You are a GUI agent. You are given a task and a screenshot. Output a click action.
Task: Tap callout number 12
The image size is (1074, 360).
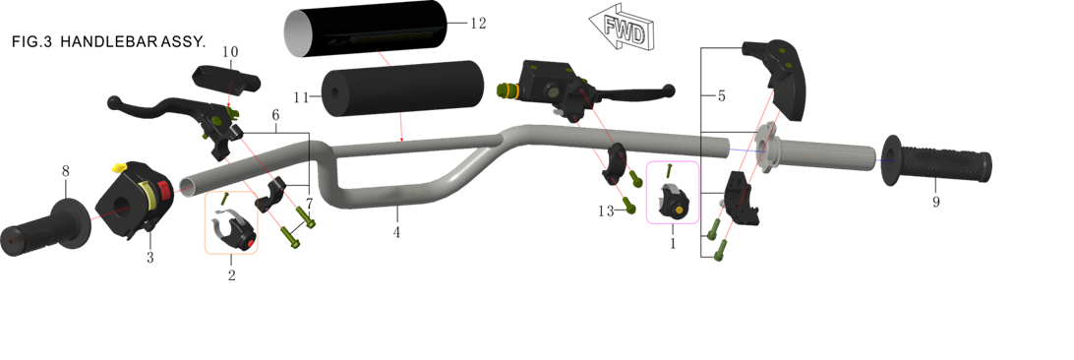(x=478, y=24)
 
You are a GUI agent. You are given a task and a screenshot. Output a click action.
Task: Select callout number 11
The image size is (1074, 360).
(x=302, y=98)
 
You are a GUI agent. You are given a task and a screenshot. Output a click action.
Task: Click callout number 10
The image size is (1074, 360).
(x=230, y=52)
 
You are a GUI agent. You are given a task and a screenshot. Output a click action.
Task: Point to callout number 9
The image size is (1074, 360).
(x=935, y=202)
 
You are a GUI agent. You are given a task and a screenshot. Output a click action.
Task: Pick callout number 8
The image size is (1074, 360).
(x=65, y=171)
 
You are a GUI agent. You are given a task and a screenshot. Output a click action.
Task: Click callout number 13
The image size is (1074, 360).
(x=606, y=212)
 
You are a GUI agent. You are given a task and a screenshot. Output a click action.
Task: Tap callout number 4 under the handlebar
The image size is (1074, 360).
(x=396, y=233)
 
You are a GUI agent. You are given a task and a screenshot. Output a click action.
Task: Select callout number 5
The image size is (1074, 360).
(x=721, y=96)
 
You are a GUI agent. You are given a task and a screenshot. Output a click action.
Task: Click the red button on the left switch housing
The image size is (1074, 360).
(x=164, y=187)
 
